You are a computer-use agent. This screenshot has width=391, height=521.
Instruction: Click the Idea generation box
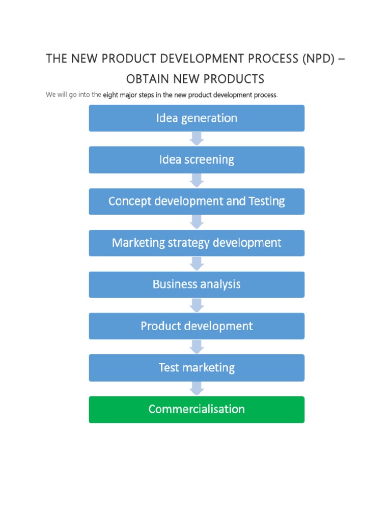(x=197, y=118)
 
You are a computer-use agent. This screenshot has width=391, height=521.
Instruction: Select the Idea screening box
(x=197, y=160)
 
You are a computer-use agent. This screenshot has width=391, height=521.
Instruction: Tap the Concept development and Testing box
(x=197, y=201)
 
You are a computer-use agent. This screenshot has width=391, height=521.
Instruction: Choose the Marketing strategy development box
(x=197, y=243)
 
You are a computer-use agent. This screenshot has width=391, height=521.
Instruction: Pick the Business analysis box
(x=197, y=284)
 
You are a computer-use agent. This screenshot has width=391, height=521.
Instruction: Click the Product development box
(x=197, y=326)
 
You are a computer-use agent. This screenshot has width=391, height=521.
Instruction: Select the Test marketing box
(x=197, y=368)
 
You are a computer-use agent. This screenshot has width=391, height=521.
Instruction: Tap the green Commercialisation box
(x=197, y=410)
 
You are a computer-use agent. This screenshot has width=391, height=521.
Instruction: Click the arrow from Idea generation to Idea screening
(x=197, y=139)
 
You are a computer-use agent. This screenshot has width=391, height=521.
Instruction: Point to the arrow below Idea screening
(x=197, y=181)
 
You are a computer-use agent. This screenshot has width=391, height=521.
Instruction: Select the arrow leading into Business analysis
(x=197, y=264)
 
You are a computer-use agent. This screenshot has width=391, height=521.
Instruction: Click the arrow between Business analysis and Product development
(x=197, y=305)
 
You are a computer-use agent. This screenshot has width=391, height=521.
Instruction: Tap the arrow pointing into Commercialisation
(x=197, y=389)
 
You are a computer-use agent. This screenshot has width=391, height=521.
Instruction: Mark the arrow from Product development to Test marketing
(x=197, y=347)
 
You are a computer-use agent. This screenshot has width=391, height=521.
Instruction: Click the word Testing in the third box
(x=266, y=201)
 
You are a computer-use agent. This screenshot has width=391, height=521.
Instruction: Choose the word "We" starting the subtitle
(x=50, y=95)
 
